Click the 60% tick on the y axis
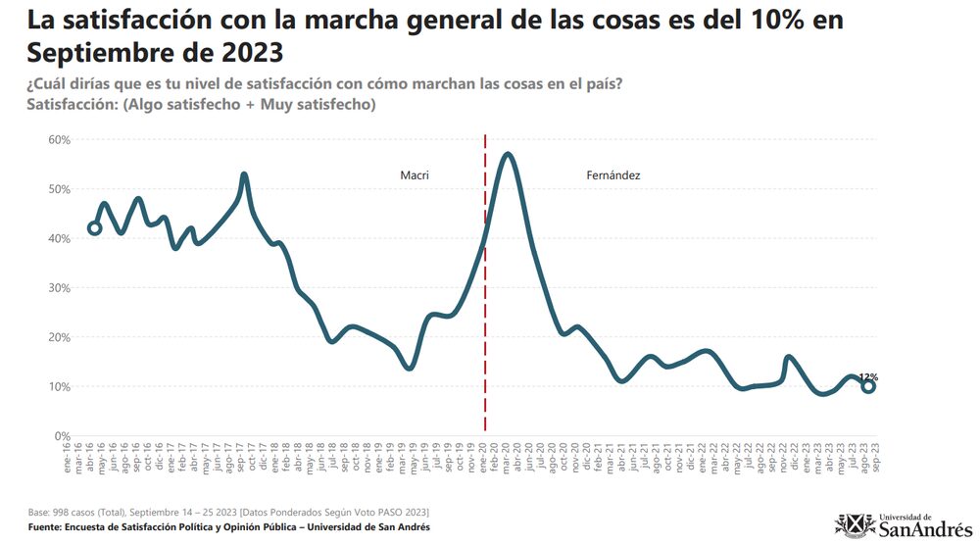coord(59,140)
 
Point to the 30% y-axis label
coord(59,288)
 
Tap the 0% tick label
coord(62,436)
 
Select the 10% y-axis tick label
coord(59,387)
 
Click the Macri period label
coord(415,175)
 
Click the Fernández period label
coord(613,175)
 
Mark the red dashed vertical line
coord(485,294)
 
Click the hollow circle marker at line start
coord(94,228)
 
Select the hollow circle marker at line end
coord(868,387)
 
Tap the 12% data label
coord(868,376)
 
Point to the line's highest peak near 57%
coord(507,154)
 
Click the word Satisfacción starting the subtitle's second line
coord(72,104)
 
